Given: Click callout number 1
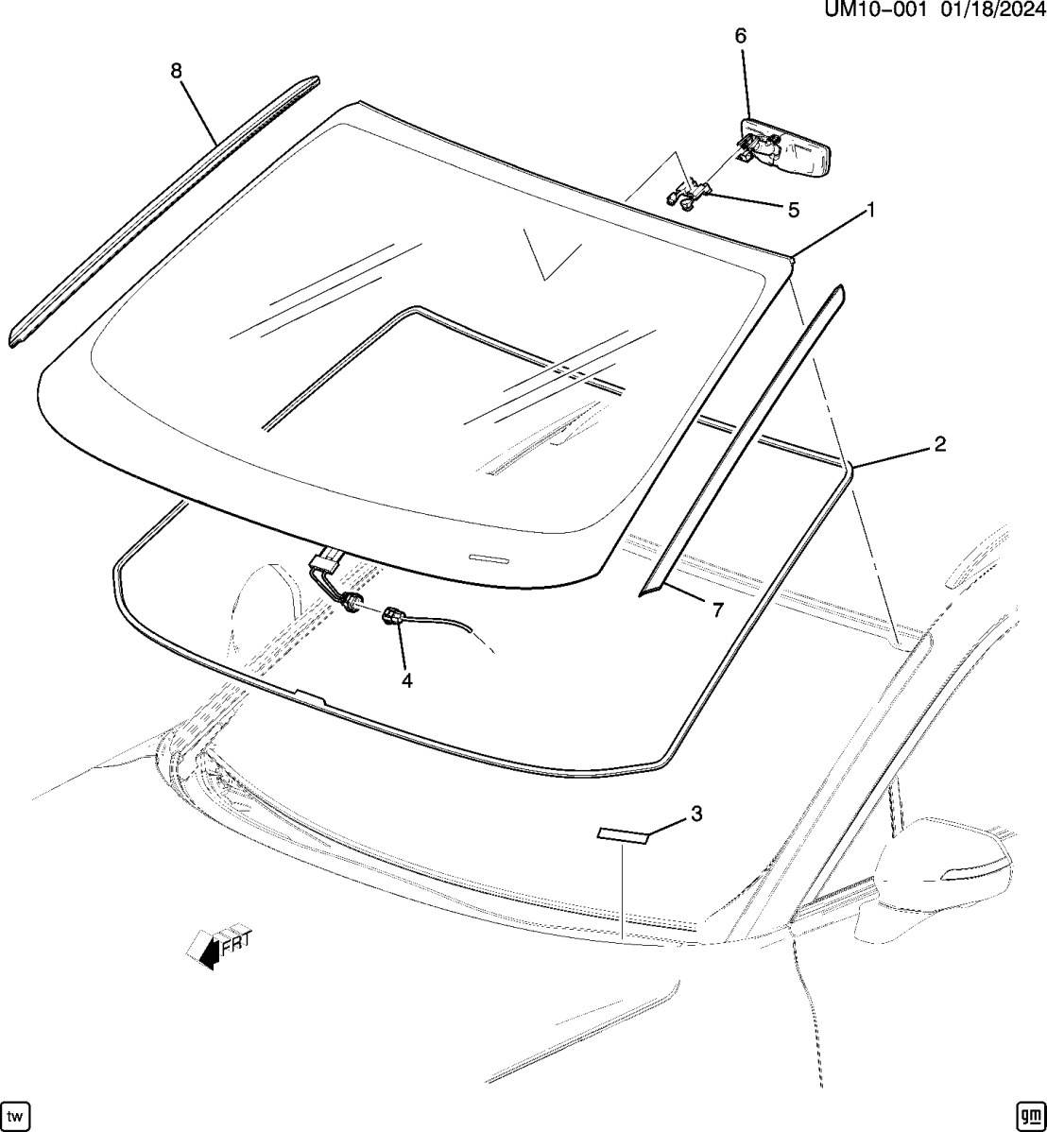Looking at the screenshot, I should pos(870,210).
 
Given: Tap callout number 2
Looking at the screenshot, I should pos(939,444).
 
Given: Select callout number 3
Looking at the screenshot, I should pos(696,814).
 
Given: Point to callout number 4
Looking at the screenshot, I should pos(406,679).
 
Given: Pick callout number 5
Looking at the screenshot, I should pos(793,210).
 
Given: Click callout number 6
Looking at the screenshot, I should pos(740,36).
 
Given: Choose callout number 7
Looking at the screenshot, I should pos(717,610).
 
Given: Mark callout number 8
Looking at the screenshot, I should pos(176,70).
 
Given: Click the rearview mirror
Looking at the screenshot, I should pos(789,146).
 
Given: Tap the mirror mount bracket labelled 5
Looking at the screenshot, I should pos(688,194).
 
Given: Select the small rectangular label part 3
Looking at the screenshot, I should pos(623,833).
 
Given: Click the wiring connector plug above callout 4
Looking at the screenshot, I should pos(392,619).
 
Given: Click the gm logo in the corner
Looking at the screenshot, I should pos(1027,1115).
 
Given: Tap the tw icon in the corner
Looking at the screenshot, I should pos(17,1115).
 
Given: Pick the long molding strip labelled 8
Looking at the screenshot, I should pos(161,214).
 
